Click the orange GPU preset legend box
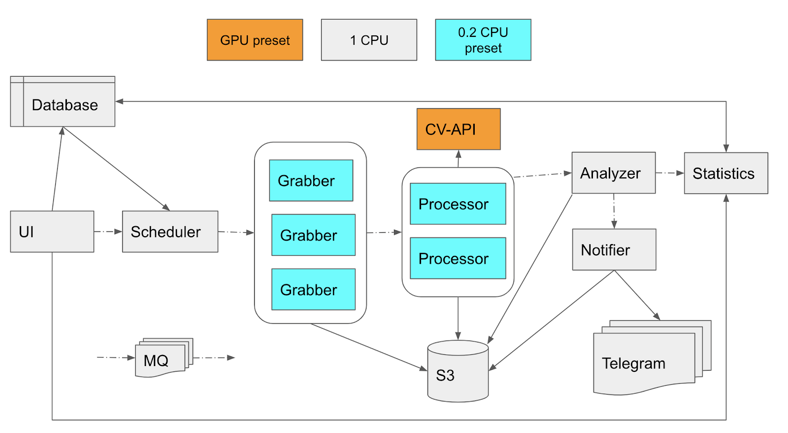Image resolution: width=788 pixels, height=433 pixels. tap(255, 40)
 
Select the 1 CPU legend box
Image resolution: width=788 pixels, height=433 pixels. tap(369, 40)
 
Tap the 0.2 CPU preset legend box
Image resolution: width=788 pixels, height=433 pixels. tap(483, 40)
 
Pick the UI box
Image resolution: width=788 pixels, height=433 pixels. tap(52, 232)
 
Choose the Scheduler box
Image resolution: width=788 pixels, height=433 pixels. tap(170, 232)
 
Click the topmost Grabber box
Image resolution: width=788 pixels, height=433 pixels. tap(311, 181)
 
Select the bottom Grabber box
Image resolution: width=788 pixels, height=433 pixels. tap(313, 289)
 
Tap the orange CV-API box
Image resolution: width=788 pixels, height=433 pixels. tap(459, 129)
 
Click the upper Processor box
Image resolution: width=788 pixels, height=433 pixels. tap(458, 204)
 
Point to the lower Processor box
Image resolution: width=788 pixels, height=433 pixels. tap(458, 258)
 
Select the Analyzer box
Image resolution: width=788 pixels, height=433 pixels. tap(613, 173)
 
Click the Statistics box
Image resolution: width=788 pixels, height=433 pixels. tap(725, 173)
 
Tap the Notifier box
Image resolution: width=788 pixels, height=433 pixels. tap(614, 249)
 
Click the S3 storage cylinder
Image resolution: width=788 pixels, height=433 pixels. tap(458, 372)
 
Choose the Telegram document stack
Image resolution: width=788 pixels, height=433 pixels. tap(645, 362)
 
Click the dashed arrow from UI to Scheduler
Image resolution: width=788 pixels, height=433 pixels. tap(108, 231)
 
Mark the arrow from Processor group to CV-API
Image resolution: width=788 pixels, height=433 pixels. tap(459, 158)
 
